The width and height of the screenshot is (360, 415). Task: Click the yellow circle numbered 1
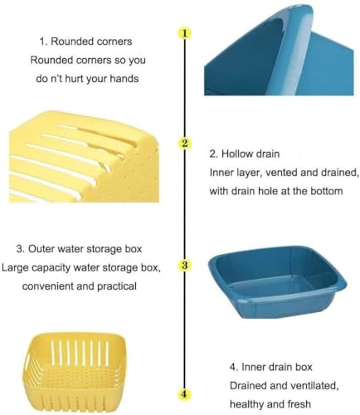point(185,33)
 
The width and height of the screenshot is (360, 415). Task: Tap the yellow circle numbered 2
point(185,144)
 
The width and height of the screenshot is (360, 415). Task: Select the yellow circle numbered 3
point(185,265)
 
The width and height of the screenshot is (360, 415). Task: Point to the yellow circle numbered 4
point(185,393)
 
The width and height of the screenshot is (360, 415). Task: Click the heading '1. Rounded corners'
point(85,41)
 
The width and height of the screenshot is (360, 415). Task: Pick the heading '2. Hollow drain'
point(245,154)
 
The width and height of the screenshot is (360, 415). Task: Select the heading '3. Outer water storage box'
point(79,249)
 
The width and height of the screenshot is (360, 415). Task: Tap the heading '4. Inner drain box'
point(271,367)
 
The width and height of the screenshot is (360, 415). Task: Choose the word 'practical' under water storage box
point(117,286)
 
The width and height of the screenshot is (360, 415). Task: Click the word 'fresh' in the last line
point(299,404)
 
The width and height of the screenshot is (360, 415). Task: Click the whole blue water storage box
point(277,281)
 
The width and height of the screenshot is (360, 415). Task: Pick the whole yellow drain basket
point(74,373)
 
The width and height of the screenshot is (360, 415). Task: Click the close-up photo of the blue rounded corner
point(279,51)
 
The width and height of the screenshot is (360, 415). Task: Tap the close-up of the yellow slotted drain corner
point(84,156)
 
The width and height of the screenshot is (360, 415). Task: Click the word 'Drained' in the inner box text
point(247,386)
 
